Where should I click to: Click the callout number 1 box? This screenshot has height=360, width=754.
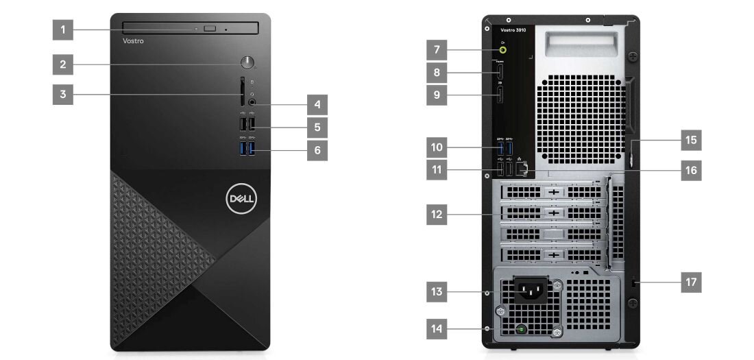point(62,29)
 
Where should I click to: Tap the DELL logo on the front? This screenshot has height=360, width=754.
point(241,199)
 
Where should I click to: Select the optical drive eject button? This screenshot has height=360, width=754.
point(210,29)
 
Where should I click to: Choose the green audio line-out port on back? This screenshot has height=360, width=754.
point(504,49)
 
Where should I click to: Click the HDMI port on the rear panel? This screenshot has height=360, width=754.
point(500,71)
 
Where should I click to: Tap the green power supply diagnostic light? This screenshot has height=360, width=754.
point(522,330)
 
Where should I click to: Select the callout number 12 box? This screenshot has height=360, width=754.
point(437,215)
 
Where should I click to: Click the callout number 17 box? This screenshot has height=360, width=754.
point(691,282)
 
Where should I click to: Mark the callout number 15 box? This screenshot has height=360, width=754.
point(691,141)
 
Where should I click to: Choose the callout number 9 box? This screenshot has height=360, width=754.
point(437,94)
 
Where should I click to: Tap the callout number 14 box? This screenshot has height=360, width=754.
point(437,328)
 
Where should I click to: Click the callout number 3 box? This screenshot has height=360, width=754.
point(62,94)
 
